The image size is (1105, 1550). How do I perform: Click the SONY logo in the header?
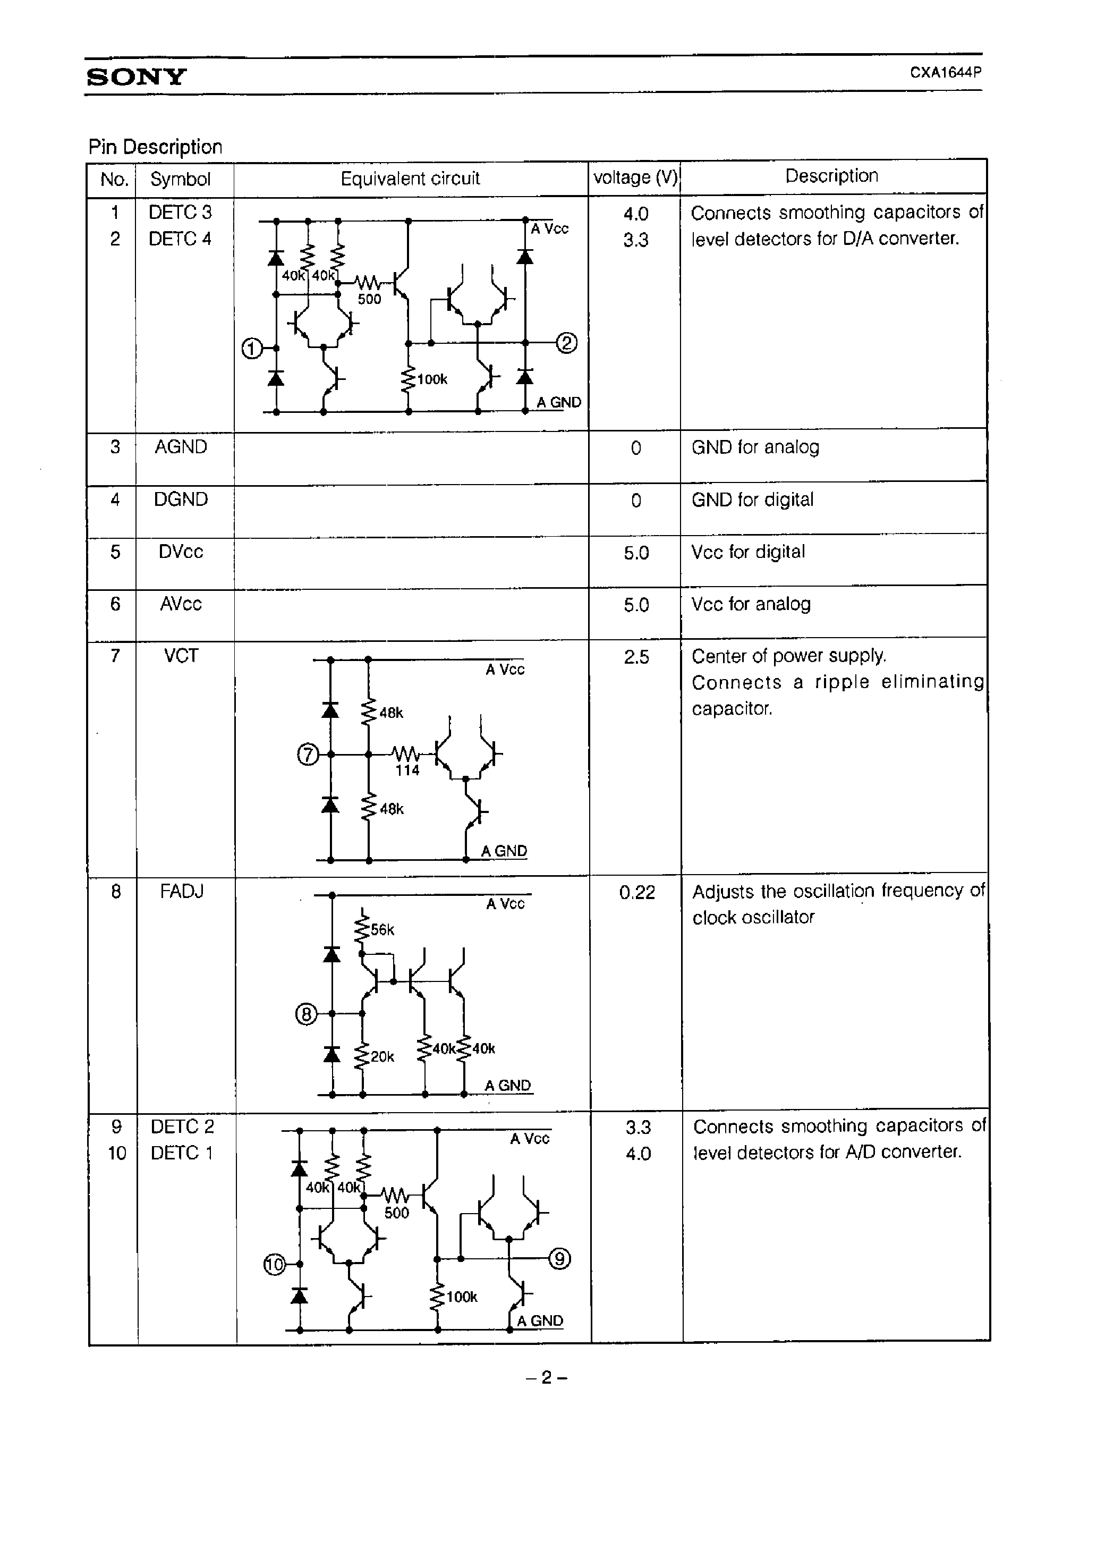point(136,76)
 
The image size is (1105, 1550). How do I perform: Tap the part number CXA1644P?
point(945,72)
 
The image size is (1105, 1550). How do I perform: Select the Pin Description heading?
point(155,147)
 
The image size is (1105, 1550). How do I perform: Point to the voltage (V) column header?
point(635,177)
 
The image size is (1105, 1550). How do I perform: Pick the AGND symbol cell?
point(180,447)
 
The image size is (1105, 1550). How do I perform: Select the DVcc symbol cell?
point(180,552)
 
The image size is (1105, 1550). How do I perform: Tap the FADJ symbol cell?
point(182,891)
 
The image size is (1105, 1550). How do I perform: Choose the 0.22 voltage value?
point(637,893)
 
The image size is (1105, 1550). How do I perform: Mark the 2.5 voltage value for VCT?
point(636,657)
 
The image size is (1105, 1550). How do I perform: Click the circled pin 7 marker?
point(308,755)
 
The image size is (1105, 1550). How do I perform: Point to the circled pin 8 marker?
point(306,1014)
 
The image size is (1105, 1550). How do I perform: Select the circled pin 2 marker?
point(567,343)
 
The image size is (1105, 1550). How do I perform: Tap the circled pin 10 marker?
point(274,1265)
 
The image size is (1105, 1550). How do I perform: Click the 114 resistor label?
point(407,771)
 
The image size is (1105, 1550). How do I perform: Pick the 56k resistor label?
point(382,930)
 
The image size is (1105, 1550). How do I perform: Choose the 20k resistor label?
point(382,1057)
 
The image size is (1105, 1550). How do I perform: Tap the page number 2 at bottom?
point(546,1378)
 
